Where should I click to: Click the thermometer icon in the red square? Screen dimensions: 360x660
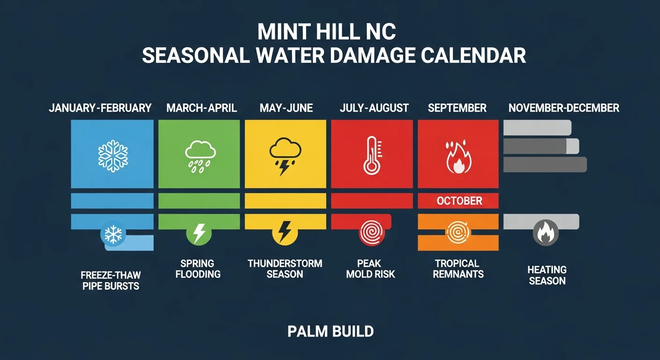tap(372, 155)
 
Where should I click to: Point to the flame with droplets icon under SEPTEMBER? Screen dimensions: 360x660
tap(458, 156)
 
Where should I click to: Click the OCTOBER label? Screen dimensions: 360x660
tap(459, 201)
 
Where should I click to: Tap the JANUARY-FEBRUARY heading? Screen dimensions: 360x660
tap(100, 108)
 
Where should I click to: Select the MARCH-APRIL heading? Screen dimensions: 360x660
tap(202, 108)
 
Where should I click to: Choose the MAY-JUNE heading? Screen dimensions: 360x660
tap(286, 108)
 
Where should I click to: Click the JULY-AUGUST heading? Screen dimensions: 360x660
tap(374, 108)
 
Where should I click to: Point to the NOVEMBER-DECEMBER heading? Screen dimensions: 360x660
tap(563, 108)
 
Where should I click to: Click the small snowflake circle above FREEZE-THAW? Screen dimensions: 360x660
tap(113, 234)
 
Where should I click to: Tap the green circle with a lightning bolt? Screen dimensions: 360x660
tap(199, 232)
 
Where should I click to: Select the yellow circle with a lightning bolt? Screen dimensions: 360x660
tap(285, 232)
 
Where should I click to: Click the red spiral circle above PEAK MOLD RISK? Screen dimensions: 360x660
tap(371, 232)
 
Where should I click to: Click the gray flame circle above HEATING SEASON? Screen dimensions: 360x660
tap(546, 232)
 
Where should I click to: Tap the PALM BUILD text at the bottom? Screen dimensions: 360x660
tap(330, 332)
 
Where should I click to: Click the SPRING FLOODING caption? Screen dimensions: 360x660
tap(198, 269)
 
